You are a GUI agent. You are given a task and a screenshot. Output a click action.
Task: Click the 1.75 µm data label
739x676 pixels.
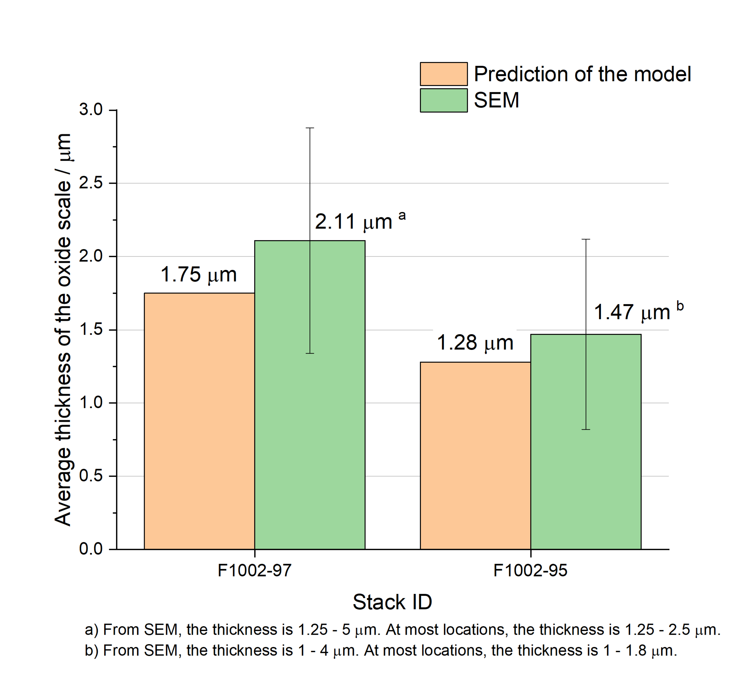pyautogui.click(x=199, y=275)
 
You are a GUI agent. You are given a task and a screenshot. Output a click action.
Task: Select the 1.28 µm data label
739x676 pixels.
pyautogui.click(x=475, y=343)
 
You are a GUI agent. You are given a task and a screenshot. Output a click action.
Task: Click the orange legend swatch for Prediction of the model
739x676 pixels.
pyautogui.click(x=444, y=74)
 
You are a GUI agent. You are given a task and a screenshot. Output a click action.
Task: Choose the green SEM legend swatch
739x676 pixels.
pyautogui.click(x=444, y=100)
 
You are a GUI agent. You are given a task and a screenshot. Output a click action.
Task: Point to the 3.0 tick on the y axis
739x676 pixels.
pyautogui.click(x=91, y=110)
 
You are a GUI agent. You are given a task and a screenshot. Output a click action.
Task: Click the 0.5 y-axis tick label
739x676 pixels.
pyautogui.click(x=91, y=476)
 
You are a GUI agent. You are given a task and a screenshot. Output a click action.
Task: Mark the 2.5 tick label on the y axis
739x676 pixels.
pyautogui.click(x=91, y=183)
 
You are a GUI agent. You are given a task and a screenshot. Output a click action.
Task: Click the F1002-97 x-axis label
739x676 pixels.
pyautogui.click(x=254, y=571)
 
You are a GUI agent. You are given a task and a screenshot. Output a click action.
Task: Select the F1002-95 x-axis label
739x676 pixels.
pyautogui.click(x=530, y=571)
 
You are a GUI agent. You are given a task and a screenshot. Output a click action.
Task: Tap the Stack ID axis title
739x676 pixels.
pyautogui.click(x=392, y=602)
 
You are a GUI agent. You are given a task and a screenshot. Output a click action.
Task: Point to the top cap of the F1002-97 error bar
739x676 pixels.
pyautogui.click(x=310, y=128)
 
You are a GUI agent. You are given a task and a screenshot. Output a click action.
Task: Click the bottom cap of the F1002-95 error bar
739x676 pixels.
pyautogui.click(x=586, y=429)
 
